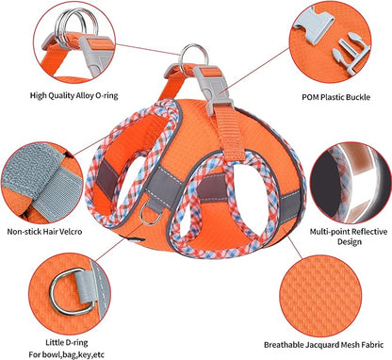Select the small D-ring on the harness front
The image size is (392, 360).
pos(153,219)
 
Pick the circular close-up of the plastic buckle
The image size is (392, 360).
pos(329,41)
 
